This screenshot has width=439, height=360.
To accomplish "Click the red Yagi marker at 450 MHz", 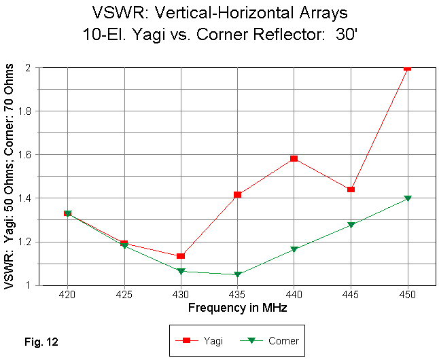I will (408, 67).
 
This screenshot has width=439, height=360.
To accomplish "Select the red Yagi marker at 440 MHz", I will (294, 158).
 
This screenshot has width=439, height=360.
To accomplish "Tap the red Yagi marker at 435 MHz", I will (237, 195).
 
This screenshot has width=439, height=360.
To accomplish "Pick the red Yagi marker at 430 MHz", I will (181, 256).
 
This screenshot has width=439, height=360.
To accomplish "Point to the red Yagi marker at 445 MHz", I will (351, 190).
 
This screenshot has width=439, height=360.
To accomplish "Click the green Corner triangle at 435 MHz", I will (237, 274).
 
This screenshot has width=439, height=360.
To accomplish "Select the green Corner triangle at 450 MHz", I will (408, 198).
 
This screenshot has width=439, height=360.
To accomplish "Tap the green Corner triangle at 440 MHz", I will (294, 249).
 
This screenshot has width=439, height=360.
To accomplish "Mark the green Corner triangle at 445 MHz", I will (351, 225).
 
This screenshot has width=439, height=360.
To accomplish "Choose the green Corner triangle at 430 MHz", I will (181, 272).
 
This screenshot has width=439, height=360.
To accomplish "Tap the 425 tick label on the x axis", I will (124, 298).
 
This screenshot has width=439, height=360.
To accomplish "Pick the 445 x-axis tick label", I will (351, 298).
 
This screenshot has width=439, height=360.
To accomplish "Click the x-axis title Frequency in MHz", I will (236, 308).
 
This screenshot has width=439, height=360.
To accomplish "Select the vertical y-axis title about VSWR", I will (10, 177).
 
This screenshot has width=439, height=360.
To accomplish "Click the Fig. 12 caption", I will (41, 342).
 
